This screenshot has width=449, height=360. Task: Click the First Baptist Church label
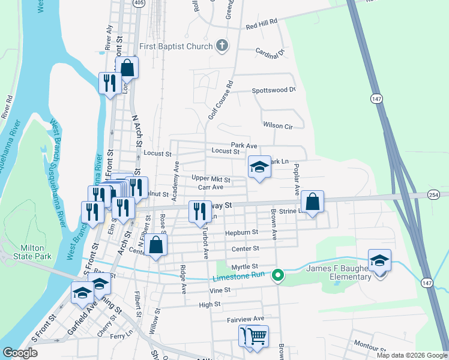point(176,46)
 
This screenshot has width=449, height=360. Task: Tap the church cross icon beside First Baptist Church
point(222,46)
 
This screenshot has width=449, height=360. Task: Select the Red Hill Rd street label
point(261,23)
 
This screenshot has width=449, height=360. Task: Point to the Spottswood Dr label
point(274,90)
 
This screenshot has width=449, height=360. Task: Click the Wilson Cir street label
point(277,125)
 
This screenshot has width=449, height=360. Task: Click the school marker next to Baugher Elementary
point(379,261)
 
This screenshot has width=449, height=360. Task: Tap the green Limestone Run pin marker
point(277,275)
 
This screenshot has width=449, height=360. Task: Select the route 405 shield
point(139,4)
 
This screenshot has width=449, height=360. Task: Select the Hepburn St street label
point(241,232)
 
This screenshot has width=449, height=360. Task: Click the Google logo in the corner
point(20,353)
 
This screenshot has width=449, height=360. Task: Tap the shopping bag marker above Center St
point(155,245)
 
